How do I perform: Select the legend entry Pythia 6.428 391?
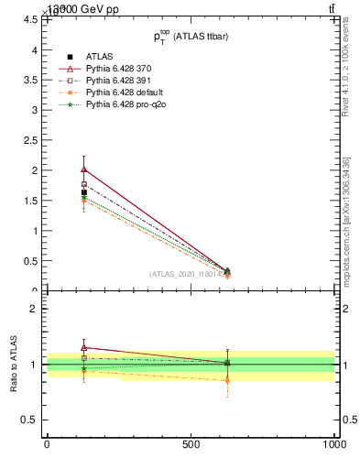pos(118,81)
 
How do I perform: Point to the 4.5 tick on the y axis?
pos(27,20)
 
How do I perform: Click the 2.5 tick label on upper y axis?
pos(27,140)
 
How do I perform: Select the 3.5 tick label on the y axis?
pos(27,80)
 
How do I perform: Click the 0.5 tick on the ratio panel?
pos(27,420)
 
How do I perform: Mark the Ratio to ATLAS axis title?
pos(14,364)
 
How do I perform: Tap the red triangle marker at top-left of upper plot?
pos(84,169)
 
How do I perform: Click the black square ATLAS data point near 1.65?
pos(84,192)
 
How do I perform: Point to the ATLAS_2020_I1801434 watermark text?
pos(188,273)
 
